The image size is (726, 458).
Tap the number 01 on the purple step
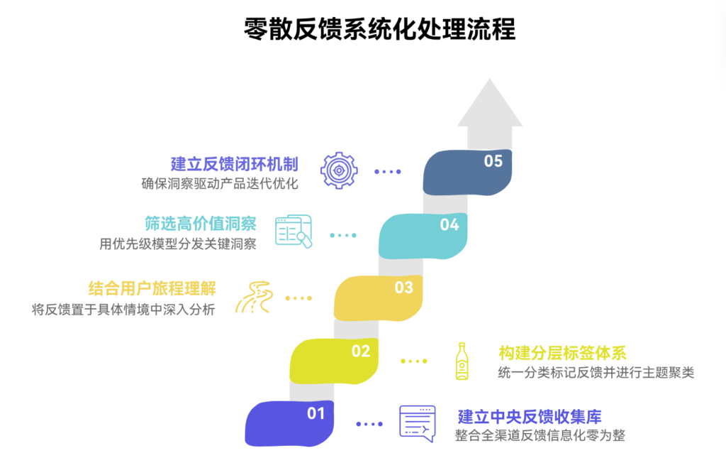315,413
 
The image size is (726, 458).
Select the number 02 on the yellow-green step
361,351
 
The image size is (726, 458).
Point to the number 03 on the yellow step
403,288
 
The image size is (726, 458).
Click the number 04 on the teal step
449,225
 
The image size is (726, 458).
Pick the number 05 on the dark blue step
493,161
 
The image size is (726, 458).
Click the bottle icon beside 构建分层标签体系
462,361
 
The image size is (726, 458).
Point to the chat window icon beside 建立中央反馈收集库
418,423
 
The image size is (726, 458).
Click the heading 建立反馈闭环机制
235,164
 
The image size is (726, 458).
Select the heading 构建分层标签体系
562,353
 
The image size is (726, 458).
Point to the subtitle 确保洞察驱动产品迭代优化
220,184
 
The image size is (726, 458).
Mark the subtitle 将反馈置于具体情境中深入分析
123,309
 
